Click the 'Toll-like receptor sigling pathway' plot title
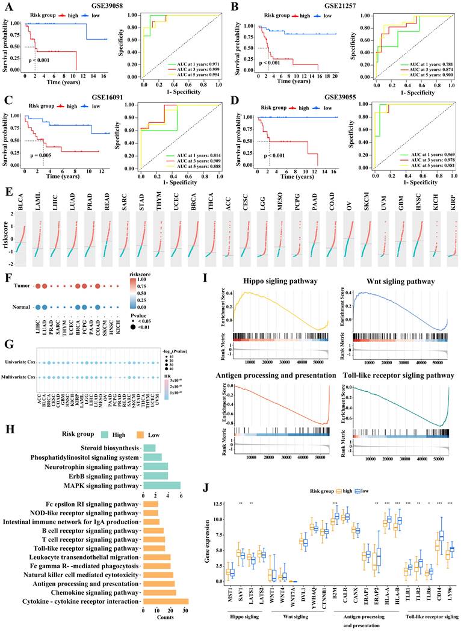(x=400, y=376)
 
